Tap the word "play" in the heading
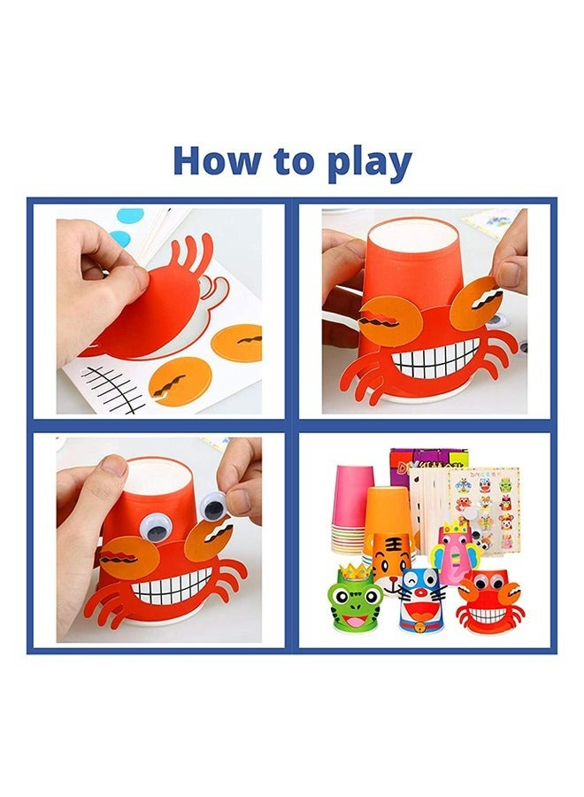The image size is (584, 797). pyautogui.click(x=369, y=164)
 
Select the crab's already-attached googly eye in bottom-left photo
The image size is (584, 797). pyautogui.click(x=153, y=530)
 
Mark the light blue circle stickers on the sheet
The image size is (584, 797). pyautogui.click(x=124, y=225)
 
